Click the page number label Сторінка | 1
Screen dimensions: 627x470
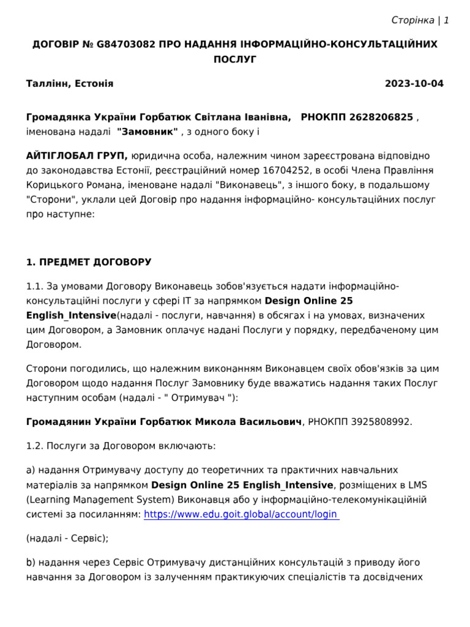point(420,20)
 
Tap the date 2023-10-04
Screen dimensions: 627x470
point(414,84)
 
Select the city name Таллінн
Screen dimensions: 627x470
point(48,84)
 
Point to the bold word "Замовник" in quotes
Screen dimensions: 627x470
point(147,131)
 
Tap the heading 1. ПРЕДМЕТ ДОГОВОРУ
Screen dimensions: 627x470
point(89,262)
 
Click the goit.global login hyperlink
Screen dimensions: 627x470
point(241,514)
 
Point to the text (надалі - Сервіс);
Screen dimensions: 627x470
point(67,538)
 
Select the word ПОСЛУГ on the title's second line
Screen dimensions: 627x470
point(235,59)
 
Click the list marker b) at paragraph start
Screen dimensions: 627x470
point(31,562)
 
